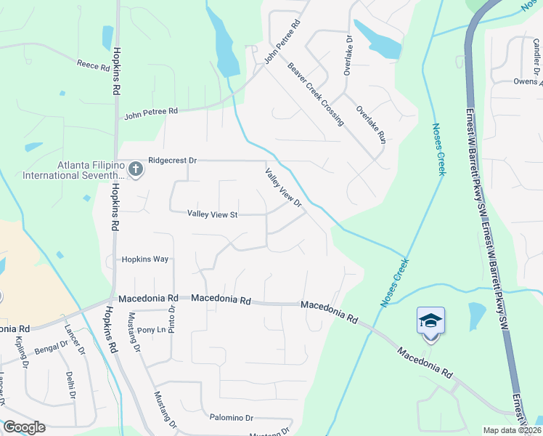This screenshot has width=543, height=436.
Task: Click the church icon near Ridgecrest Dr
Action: [x=135, y=170]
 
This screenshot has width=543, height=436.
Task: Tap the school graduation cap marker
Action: [x=430, y=320]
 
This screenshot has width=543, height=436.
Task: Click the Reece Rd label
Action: [x=93, y=65]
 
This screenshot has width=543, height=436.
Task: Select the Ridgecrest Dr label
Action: [x=173, y=159]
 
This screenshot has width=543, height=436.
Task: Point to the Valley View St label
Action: [x=213, y=214]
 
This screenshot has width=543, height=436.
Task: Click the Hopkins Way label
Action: [x=145, y=259]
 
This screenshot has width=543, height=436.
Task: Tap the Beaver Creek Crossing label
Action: [x=315, y=94]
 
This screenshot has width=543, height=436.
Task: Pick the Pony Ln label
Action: [x=152, y=329]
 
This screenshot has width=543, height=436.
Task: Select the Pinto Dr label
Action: [x=173, y=318]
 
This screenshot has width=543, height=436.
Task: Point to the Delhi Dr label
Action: [x=70, y=385]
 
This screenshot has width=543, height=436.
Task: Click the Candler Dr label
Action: [x=535, y=55]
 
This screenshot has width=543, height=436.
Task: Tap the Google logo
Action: [x=24, y=427]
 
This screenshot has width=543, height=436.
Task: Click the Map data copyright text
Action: [x=513, y=430]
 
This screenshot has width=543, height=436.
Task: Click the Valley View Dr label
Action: [x=283, y=187]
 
